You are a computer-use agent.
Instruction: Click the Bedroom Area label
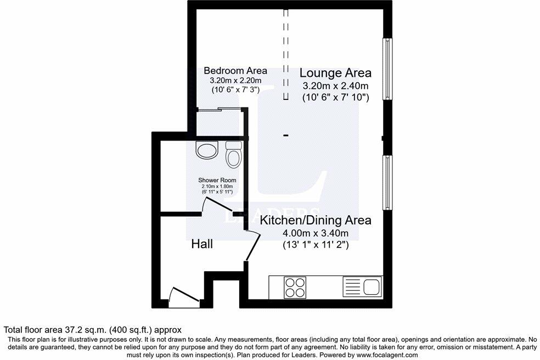(x=235, y=71)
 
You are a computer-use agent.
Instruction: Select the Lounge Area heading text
(x=335, y=73)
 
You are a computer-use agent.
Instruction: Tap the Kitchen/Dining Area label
(x=315, y=221)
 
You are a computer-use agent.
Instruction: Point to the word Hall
(x=202, y=244)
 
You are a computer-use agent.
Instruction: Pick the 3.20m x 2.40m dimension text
(x=335, y=86)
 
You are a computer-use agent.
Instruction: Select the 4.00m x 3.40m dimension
(x=315, y=234)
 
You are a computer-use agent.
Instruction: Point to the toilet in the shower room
(x=234, y=155)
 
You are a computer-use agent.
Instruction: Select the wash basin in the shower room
(x=207, y=149)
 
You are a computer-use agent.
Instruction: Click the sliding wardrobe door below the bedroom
(x=220, y=109)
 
